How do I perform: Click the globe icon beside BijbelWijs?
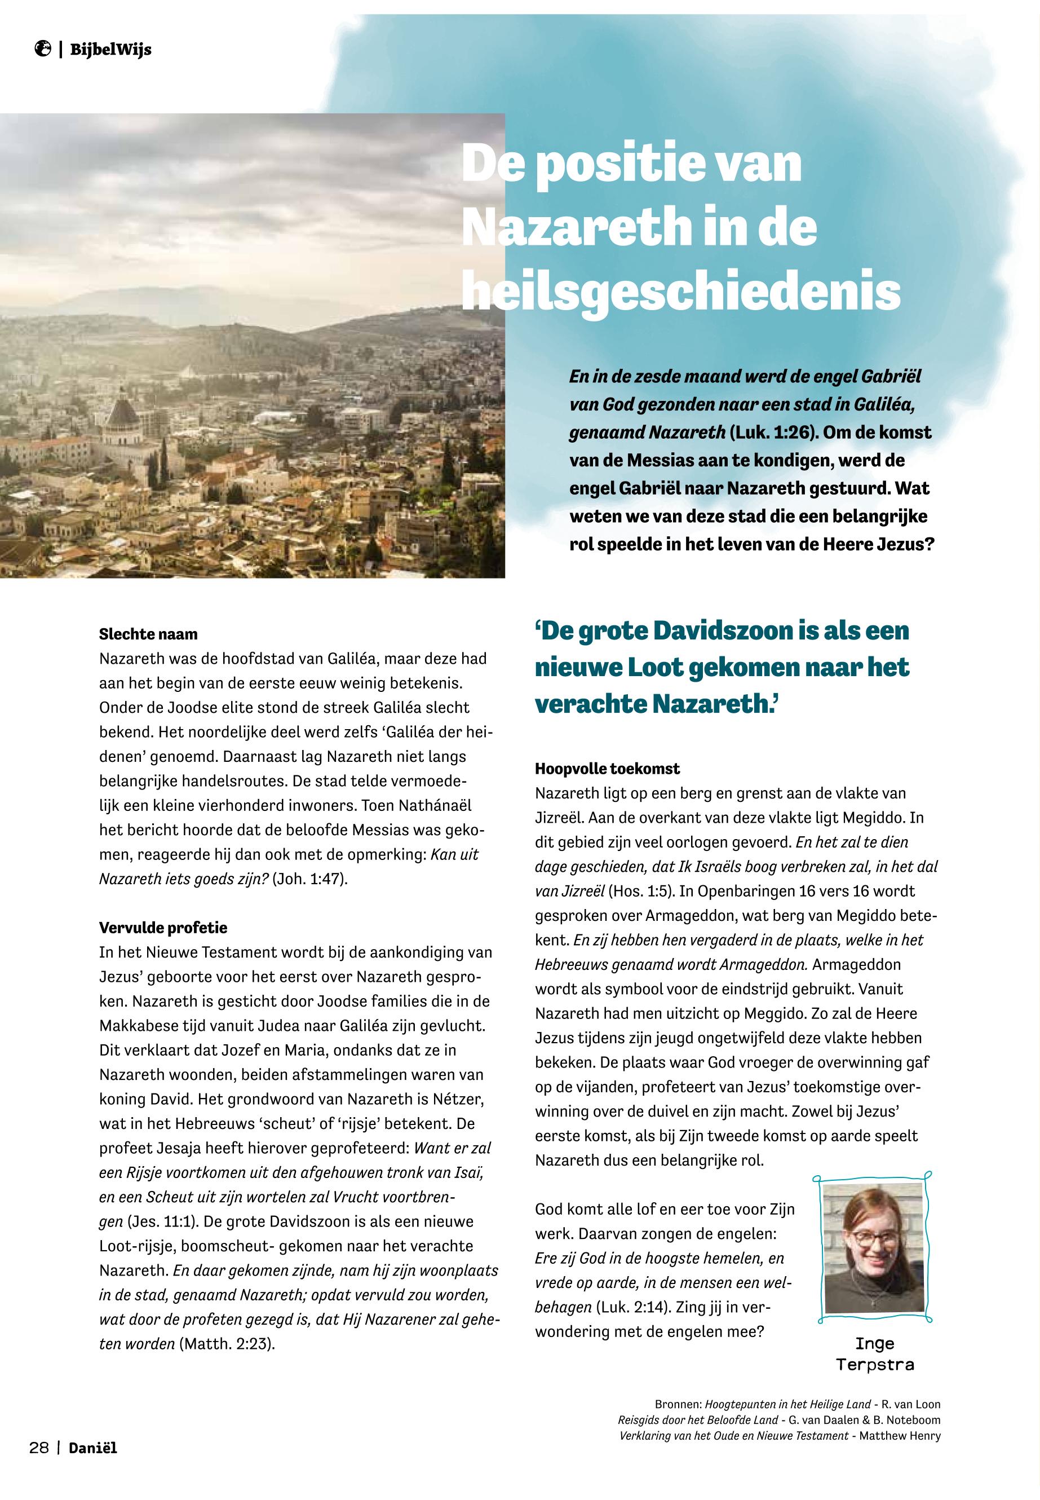pyautogui.click(x=43, y=48)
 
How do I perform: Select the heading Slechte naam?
pyautogui.click(x=148, y=634)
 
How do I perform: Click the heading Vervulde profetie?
pyautogui.click(x=163, y=927)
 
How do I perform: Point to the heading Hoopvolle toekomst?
pyautogui.click(x=607, y=769)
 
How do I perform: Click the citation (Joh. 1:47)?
pyautogui.click(x=309, y=878)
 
